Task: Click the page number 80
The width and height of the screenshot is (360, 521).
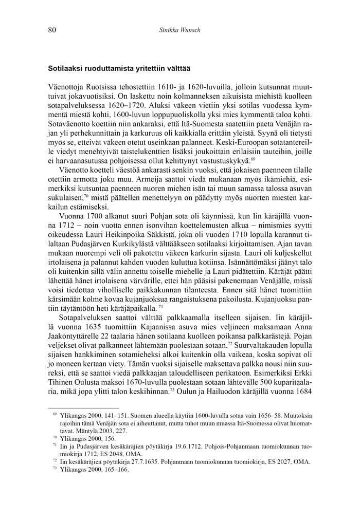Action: pyautogui.click(x=52, y=30)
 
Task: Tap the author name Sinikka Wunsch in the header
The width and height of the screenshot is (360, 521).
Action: pyautogui.click(x=179, y=30)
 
